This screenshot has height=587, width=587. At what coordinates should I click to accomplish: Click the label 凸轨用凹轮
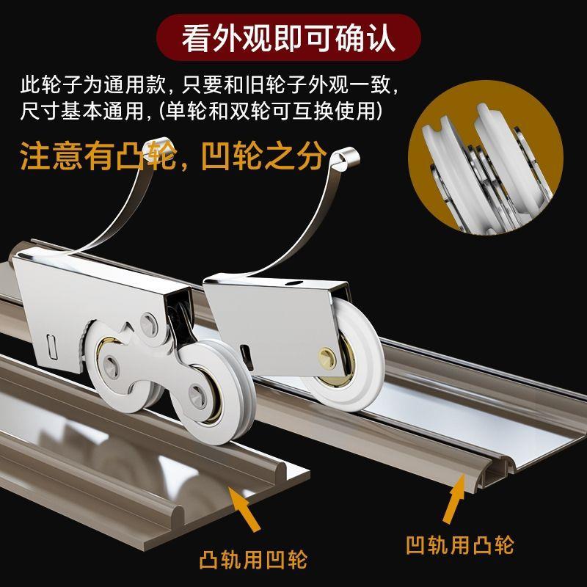pos(253,561)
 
